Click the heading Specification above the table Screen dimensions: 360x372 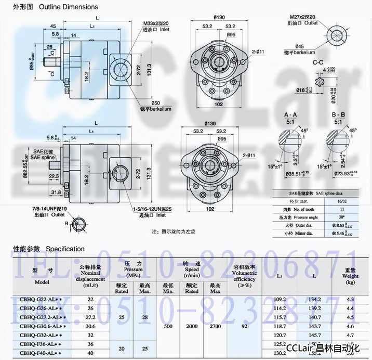click(x=65, y=249)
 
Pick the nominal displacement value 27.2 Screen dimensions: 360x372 click(x=90, y=317)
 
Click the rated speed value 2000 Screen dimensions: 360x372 click(x=192, y=326)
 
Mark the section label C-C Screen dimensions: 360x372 click(x=318, y=62)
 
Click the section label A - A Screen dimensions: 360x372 click(x=291, y=114)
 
